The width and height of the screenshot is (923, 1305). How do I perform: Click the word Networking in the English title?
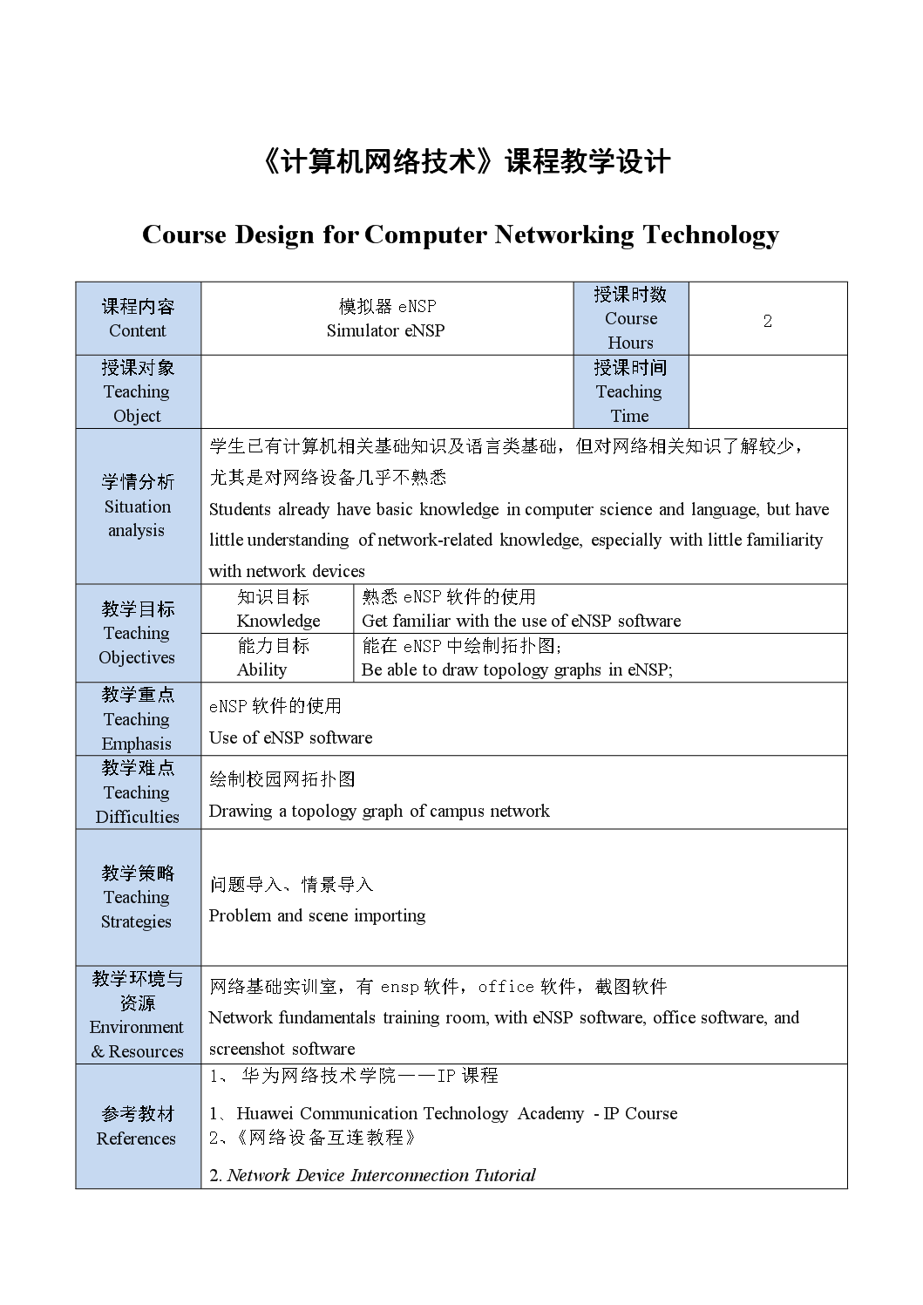564,235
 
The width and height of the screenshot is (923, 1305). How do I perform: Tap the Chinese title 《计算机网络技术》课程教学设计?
465,162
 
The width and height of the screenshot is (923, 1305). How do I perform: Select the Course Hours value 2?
767,321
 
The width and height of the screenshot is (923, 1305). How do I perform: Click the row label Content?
138,330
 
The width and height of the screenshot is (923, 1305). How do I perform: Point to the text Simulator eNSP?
385,330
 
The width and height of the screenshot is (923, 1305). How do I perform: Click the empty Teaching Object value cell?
387,391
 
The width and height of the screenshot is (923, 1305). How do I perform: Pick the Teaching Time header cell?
629,391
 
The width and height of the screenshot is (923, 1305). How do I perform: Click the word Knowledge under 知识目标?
278,621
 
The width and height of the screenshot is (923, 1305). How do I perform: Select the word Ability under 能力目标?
261,669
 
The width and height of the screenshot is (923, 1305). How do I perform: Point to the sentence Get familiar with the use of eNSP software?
521,621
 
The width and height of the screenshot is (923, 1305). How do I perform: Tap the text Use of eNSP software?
290,737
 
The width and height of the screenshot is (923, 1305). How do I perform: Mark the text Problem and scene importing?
317,915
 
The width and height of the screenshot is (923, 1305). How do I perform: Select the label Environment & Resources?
137,1039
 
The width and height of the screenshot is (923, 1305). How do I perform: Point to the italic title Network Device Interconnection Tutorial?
381,1175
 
